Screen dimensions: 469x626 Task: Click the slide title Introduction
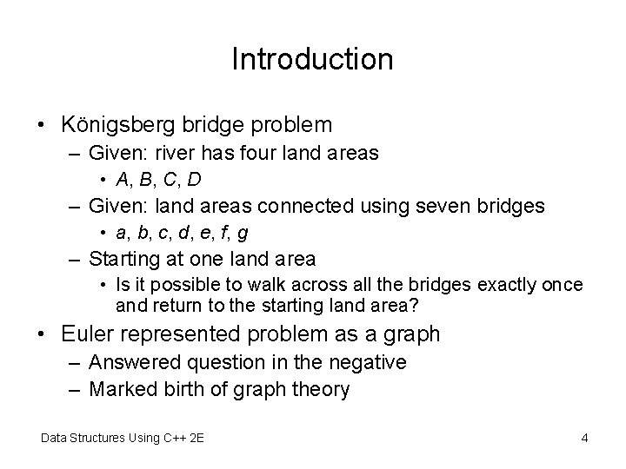313,59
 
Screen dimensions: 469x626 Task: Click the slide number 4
584,438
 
